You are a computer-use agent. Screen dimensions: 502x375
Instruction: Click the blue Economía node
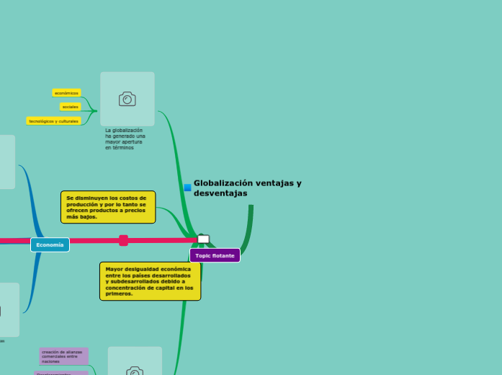pos(50,245)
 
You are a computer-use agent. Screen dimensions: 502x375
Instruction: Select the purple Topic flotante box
pos(215,256)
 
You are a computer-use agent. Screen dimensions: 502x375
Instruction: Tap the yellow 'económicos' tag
pos(66,93)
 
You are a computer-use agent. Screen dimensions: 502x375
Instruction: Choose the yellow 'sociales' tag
pos(70,107)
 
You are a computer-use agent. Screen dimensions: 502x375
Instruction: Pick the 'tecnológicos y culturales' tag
pos(53,121)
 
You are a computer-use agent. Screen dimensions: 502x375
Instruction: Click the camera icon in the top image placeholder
pos(127,100)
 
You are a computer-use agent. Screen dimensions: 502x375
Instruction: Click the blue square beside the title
pos(187,187)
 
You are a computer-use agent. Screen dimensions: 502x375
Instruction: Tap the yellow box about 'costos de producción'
pos(108,207)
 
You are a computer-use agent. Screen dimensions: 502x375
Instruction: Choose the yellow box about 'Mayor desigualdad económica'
pos(150,281)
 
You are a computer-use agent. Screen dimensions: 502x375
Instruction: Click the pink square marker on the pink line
pos(124,240)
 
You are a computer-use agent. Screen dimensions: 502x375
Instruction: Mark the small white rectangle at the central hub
pos(204,239)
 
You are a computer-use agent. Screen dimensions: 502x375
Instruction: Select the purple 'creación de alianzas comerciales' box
pos(63,356)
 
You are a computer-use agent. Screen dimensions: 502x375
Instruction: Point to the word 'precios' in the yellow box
pos(134,211)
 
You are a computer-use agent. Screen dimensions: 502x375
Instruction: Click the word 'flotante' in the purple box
pos(223,256)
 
